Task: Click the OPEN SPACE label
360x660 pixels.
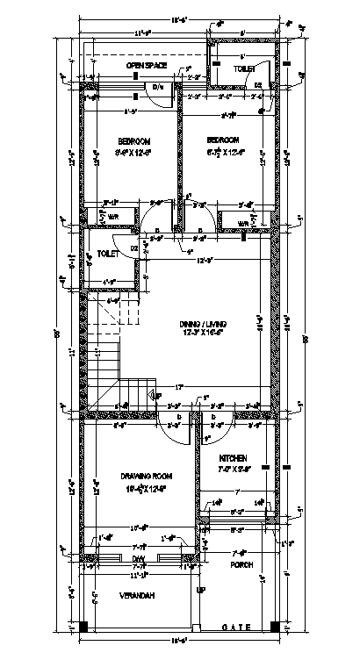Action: [x=147, y=66]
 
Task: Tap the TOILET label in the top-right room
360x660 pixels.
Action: [x=244, y=68]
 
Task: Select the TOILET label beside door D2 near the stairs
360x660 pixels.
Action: [x=108, y=254]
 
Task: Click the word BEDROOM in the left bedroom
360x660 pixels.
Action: [x=135, y=140]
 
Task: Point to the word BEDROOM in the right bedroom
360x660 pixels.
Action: [x=223, y=140]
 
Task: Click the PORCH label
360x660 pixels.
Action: [x=243, y=564]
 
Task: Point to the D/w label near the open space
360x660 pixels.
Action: [x=158, y=87]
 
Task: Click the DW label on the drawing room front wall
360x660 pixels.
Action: [x=138, y=558]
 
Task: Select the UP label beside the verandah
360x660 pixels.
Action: [x=201, y=590]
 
